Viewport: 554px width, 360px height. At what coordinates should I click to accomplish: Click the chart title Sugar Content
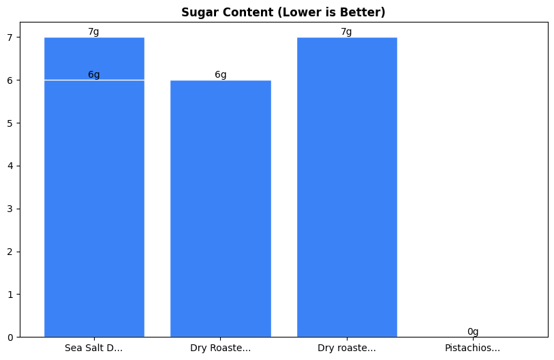[283, 12]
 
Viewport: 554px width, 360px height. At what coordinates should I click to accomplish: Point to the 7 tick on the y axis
[10, 37]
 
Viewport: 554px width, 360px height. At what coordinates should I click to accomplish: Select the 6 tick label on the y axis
[10, 80]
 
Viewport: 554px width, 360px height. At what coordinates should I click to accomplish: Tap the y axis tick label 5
[10, 123]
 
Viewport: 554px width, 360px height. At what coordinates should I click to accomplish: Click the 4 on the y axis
[10, 166]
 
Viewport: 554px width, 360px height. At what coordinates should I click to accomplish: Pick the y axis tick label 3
[10, 209]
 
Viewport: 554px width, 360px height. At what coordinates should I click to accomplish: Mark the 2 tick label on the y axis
[10, 252]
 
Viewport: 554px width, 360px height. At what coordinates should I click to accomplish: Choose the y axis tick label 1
[10, 295]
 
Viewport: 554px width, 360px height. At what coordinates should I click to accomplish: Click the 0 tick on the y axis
[10, 337]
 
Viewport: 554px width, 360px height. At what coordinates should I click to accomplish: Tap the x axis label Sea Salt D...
[94, 348]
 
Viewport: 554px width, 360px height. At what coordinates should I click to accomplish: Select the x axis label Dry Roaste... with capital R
[220, 348]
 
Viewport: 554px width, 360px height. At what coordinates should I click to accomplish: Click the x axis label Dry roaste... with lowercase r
[347, 348]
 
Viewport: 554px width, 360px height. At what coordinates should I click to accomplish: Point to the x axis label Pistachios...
[473, 348]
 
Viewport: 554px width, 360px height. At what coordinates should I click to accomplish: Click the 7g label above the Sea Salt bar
[94, 32]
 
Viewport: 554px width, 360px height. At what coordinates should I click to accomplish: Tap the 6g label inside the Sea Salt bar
[94, 75]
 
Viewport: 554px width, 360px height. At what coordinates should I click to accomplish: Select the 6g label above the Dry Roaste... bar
[220, 75]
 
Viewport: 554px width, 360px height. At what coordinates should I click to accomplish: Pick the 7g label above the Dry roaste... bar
[347, 32]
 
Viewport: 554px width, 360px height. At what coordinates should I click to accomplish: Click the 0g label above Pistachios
[473, 332]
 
